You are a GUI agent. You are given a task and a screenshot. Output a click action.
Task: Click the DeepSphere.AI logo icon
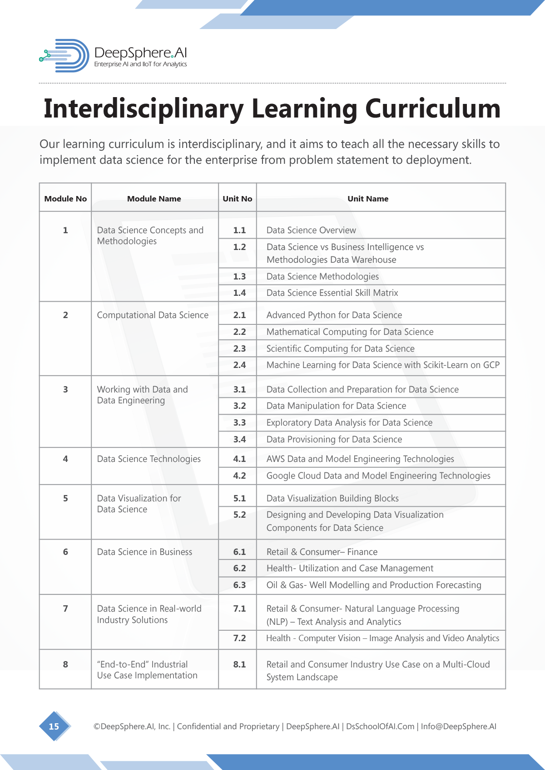65,55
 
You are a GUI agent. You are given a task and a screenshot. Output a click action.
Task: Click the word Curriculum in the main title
432,109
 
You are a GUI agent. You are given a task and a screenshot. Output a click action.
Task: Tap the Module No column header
65,199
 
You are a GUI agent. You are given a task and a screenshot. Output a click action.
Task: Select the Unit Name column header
368,199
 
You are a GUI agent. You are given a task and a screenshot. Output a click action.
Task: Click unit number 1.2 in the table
239,247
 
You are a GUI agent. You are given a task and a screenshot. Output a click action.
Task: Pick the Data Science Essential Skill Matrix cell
332,293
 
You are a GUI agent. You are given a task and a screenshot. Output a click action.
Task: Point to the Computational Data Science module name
153,315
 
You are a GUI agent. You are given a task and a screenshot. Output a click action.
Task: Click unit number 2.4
239,365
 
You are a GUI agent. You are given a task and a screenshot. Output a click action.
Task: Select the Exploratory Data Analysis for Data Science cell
349,423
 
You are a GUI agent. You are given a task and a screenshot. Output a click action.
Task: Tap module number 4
65,459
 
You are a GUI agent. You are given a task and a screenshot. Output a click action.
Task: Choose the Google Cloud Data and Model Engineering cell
378,476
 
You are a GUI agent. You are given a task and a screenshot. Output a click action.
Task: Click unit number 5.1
239,499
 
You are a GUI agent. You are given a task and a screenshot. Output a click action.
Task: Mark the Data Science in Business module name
144,552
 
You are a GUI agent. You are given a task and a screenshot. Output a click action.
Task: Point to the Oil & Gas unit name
374,585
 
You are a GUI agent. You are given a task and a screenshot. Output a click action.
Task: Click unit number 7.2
239,638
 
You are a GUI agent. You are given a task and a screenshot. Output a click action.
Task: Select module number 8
65,665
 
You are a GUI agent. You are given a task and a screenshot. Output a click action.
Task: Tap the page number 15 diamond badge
54,726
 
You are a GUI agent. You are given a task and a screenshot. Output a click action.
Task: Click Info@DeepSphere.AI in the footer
458,726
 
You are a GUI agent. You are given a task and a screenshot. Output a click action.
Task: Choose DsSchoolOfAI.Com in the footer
380,726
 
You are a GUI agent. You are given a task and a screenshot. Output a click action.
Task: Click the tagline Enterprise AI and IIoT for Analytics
140,64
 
